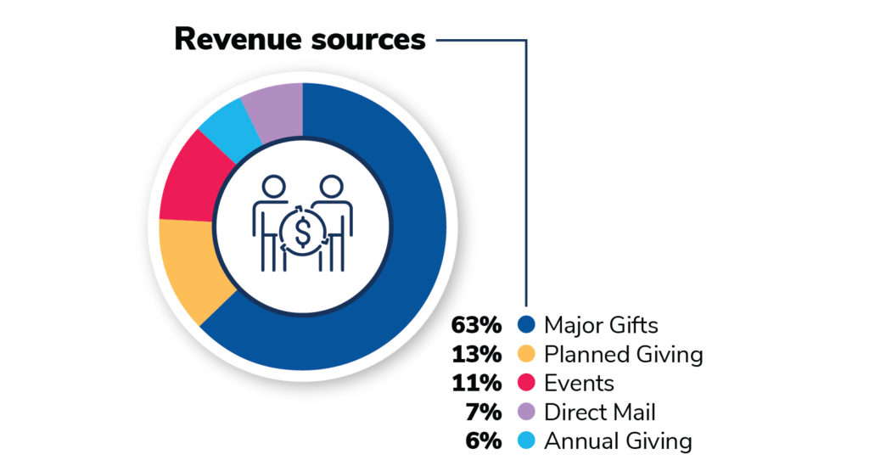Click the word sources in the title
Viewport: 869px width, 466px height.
[x=373, y=39]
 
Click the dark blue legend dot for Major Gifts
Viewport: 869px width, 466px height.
[x=526, y=325]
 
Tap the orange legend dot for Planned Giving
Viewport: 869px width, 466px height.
[x=526, y=354]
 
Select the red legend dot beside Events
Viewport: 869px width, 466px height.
[x=526, y=384]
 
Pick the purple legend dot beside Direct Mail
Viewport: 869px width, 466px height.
[x=526, y=413]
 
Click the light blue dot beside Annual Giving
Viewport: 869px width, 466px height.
[x=526, y=441]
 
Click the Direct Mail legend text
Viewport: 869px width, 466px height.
[x=599, y=413]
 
